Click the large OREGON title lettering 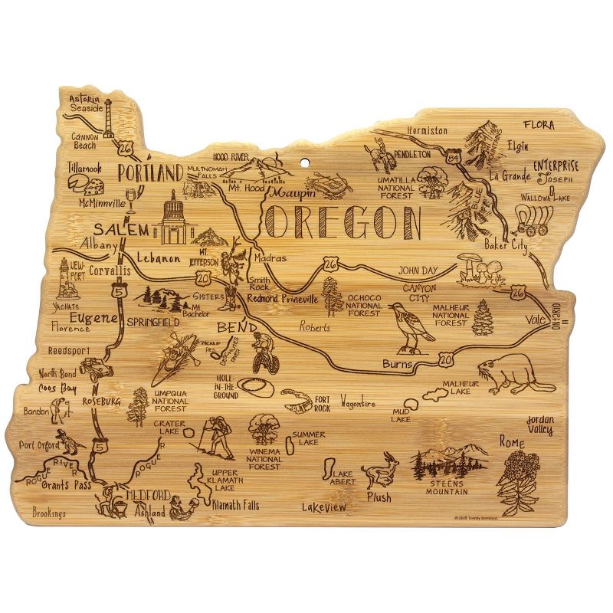pos(343,222)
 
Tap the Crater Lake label pos(170,428)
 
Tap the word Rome pos(511,441)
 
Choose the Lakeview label pos(323,506)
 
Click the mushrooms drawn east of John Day pos(477,267)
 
